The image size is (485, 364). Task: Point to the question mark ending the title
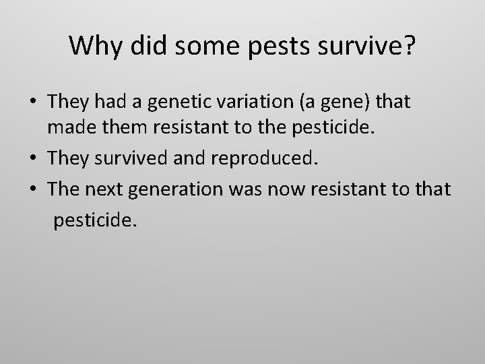408,45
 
